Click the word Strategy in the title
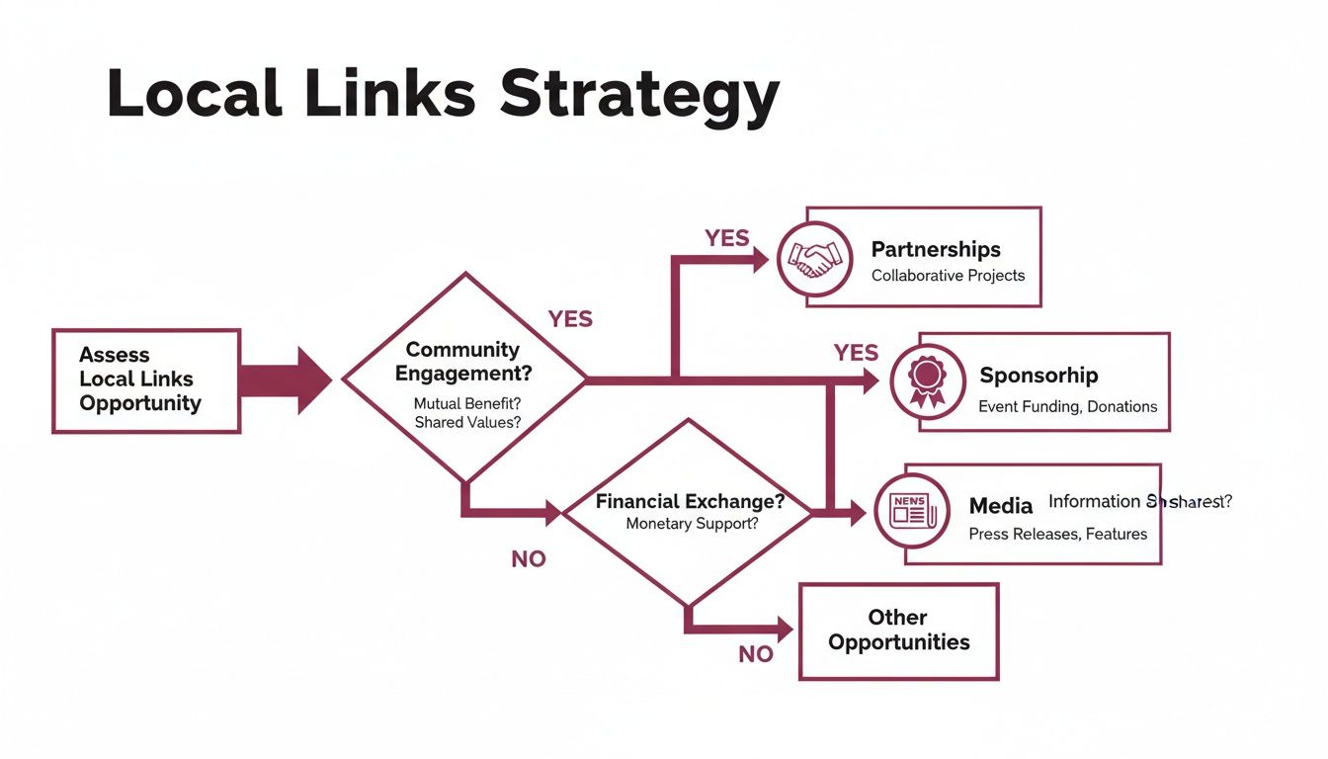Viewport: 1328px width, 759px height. [639, 96]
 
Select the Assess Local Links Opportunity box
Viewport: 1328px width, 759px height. [145, 380]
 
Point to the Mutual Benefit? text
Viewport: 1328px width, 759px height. [466, 403]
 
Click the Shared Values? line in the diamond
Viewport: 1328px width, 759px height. [467, 422]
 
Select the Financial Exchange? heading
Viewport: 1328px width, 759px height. [690, 501]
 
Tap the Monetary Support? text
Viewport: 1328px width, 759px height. [692, 524]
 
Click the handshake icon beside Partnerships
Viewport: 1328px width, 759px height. [814, 259]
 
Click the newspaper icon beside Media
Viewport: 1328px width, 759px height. [911, 511]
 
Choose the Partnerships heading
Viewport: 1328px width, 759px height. [935, 249]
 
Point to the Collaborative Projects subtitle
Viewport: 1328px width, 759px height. [948, 276]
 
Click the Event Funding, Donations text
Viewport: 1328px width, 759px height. [1067, 406]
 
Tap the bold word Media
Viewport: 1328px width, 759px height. [1000, 506]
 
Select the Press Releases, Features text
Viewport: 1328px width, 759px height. [1057, 534]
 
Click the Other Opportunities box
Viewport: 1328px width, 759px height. [898, 631]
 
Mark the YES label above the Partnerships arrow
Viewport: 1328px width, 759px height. [726, 238]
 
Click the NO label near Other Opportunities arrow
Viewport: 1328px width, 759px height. [756, 653]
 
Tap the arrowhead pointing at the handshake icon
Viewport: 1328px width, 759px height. [760, 259]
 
